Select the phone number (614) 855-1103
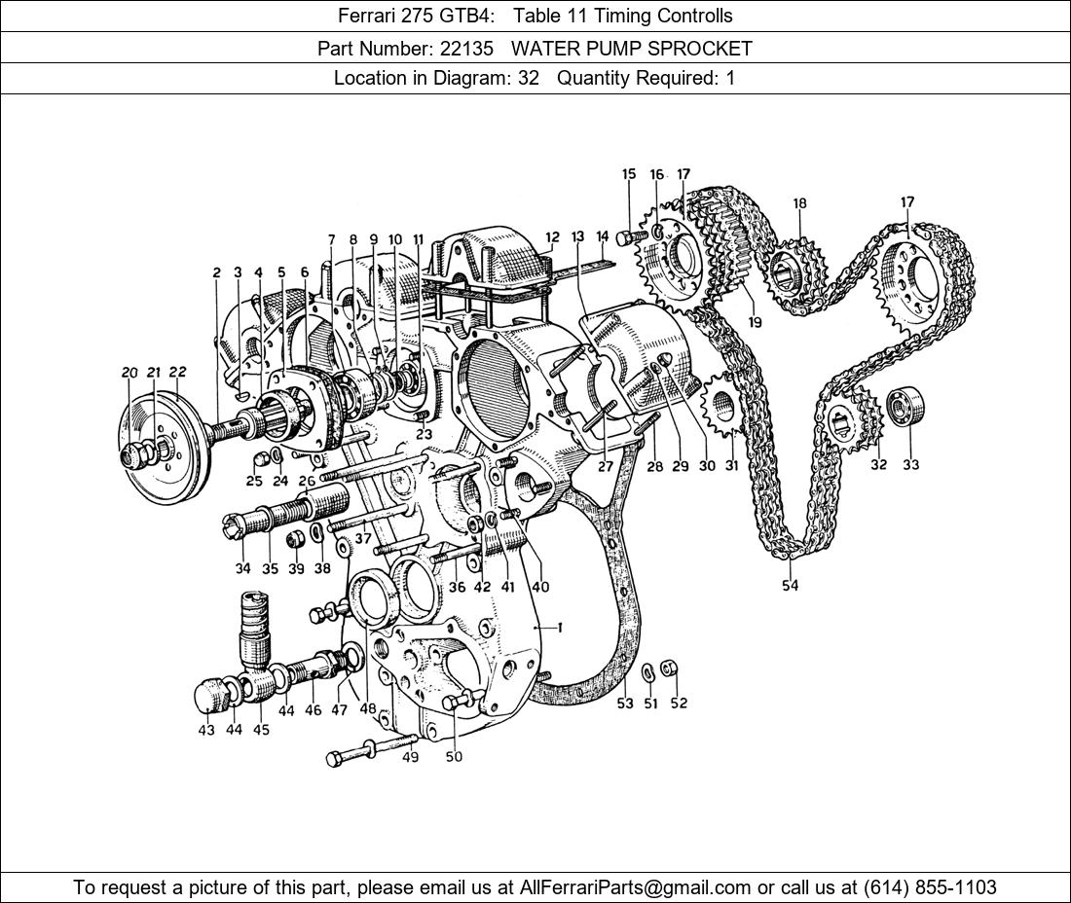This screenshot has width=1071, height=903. coord(930,887)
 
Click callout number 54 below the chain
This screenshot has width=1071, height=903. coord(790,586)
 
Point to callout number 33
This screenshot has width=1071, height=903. coord(910,465)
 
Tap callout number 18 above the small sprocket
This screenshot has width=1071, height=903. coord(799,204)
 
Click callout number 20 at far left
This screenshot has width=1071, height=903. coord(129,373)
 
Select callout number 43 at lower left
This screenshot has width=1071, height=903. coord(206,730)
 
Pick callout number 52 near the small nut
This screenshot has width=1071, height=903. coord(678,703)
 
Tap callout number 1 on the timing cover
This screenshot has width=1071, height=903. coord(560,629)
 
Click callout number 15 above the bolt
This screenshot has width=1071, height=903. coord(629,175)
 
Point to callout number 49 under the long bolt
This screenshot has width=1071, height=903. coord(410,757)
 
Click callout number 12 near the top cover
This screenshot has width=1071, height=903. coord(552,236)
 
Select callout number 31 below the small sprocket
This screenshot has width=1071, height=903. coord(731,465)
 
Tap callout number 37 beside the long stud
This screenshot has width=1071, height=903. coord(363,538)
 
